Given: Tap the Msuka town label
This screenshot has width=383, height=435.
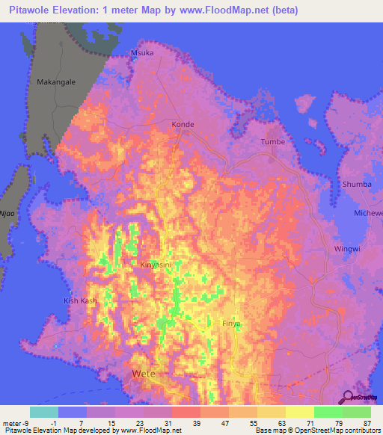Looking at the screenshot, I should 142,54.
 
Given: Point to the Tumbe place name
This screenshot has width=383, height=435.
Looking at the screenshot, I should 273,141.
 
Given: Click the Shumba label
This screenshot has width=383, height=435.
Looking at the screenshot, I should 356,184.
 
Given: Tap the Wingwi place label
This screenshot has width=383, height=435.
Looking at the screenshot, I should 347,249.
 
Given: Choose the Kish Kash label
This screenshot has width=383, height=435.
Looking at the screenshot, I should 79,300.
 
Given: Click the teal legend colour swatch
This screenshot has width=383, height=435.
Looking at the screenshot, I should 44,412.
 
